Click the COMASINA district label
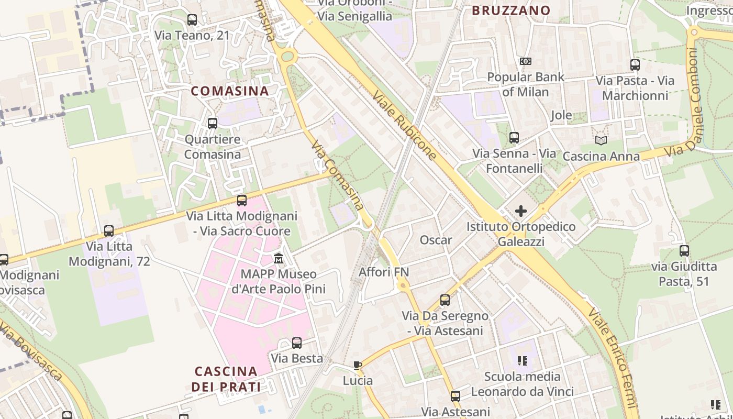[229, 91]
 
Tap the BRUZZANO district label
[511, 10]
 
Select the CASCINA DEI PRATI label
[226, 379]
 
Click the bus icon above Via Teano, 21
[192, 20]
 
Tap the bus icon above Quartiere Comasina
[213, 124]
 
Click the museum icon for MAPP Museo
[279, 259]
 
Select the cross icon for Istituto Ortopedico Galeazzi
[521, 212]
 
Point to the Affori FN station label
[384, 272]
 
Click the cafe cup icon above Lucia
[358, 365]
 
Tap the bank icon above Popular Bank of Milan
[526, 61]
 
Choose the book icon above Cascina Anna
[601, 140]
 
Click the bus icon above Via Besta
[297, 343]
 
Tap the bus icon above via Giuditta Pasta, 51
[684, 251]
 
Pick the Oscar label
[436, 240]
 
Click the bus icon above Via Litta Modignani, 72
[109, 230]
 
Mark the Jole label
[561, 115]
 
